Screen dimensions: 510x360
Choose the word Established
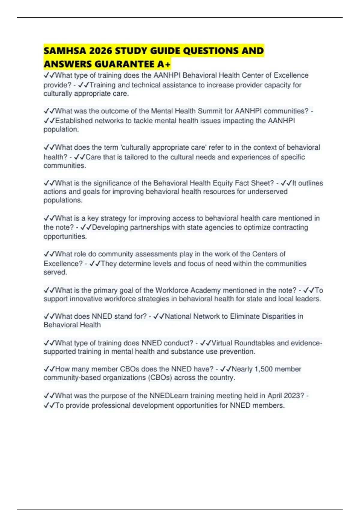click(74, 121)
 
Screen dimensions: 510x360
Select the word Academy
click(205, 290)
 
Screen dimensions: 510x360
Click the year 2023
click(294, 396)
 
